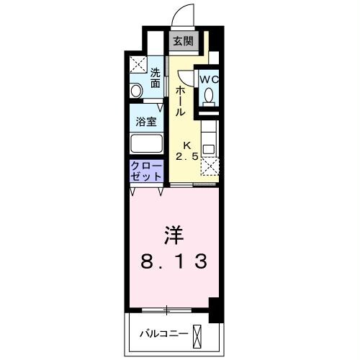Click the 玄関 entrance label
pos(181,41)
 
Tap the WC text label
pos(209,78)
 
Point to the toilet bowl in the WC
pos(209,95)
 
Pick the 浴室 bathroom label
pos(146,121)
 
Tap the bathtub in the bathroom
pos(146,142)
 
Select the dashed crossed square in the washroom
pos(138,66)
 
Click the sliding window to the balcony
pos(167,310)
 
